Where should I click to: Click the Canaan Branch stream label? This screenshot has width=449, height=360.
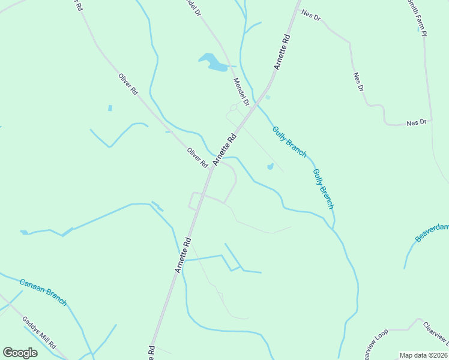43,292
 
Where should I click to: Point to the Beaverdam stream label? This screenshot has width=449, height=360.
432,231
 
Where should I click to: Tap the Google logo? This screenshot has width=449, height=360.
20,352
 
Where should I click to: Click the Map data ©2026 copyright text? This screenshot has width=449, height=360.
423,355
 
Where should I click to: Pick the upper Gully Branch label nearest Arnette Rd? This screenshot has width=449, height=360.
289,142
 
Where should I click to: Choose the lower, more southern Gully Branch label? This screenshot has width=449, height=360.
323,188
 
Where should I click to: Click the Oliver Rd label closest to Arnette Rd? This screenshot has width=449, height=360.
197,158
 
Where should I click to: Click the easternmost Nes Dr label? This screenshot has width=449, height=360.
415,122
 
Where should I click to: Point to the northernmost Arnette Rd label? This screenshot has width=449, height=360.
282,52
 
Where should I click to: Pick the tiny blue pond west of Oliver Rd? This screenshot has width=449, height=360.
110,108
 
